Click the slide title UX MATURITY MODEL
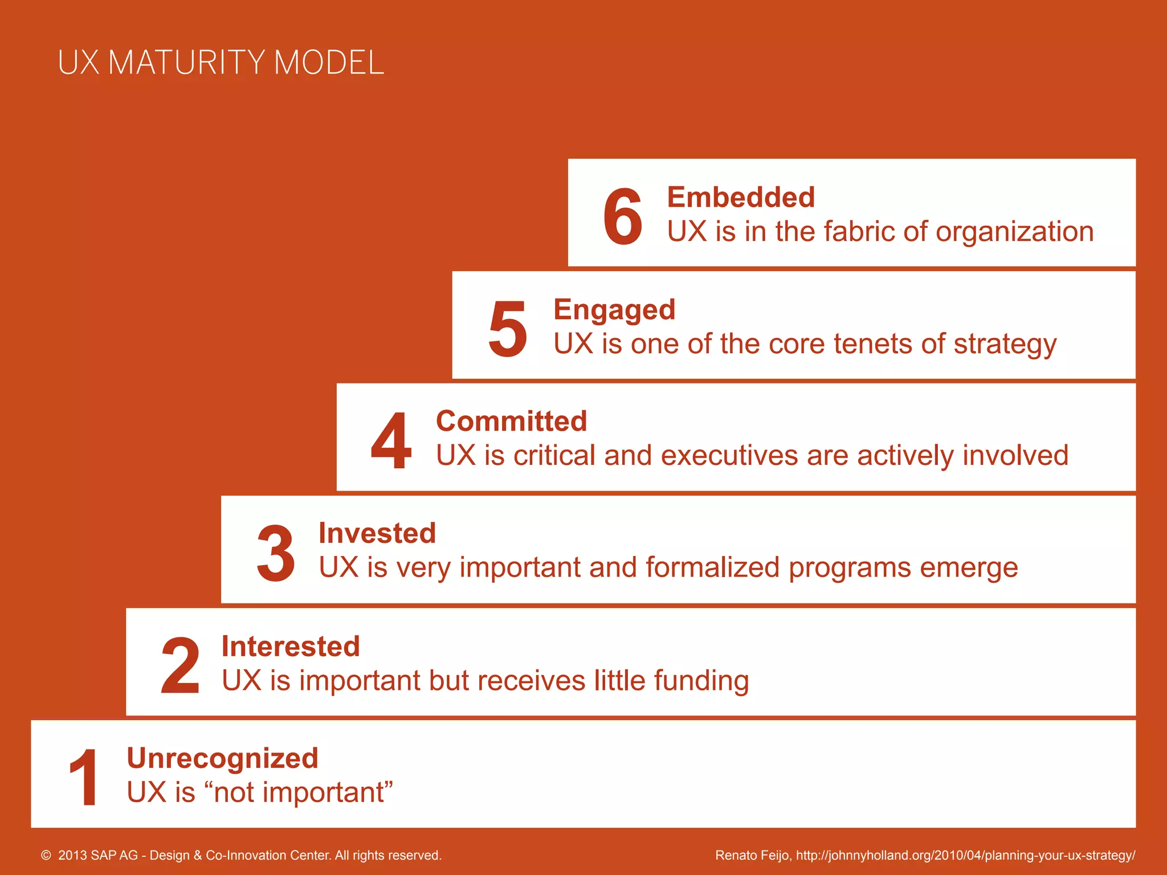(x=221, y=63)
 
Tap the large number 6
(x=622, y=217)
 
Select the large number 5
(x=507, y=329)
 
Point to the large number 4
(x=391, y=441)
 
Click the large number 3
(x=276, y=554)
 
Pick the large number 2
(x=180, y=666)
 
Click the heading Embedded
(x=741, y=198)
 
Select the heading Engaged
(x=614, y=310)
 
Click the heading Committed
(x=511, y=422)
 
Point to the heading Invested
(x=377, y=534)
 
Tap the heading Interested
(x=291, y=647)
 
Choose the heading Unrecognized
(x=222, y=758)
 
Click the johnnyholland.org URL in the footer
(x=965, y=855)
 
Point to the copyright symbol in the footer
(x=46, y=855)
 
